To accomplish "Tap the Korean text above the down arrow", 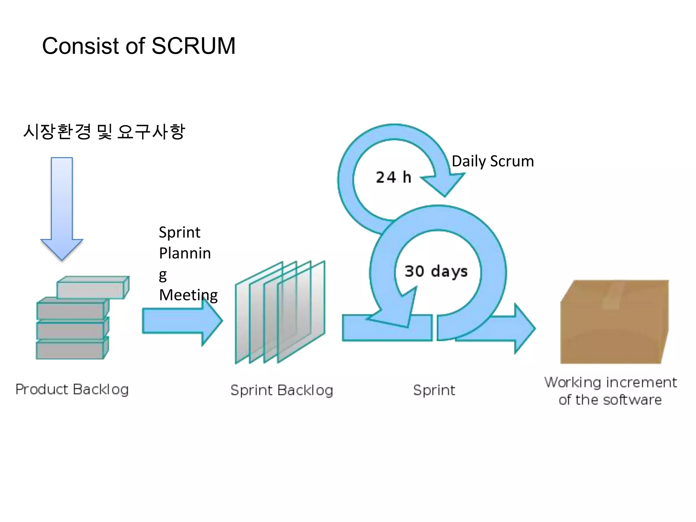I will tap(104, 132).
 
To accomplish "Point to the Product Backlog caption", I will tap(72, 389).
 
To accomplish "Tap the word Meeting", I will tap(188, 295).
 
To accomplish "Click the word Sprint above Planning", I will tap(179, 232).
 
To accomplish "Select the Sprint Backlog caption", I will tap(281, 390).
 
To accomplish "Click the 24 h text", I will tap(393, 177).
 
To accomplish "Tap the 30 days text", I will tap(436, 271).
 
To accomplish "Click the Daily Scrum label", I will tap(492, 161).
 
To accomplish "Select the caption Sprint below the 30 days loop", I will tap(434, 390).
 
